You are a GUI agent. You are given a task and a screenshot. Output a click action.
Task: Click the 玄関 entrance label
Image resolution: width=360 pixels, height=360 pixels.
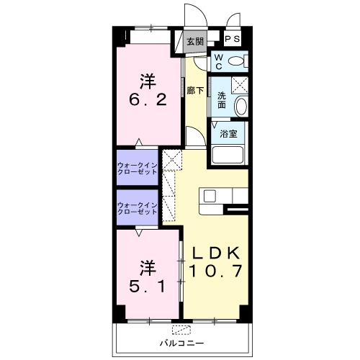[x=195, y=42]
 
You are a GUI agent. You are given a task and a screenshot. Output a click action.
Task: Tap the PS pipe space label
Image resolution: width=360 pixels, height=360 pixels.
[x=233, y=39]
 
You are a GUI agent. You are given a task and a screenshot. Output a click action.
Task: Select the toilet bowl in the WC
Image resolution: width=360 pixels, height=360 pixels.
[x=235, y=60]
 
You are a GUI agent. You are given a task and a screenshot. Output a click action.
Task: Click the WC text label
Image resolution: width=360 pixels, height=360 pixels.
[x=218, y=62]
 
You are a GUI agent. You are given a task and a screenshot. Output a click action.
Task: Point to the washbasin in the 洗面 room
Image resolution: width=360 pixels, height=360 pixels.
[x=240, y=107]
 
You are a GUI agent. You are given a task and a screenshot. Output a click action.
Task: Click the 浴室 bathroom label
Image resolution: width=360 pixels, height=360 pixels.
[x=228, y=134]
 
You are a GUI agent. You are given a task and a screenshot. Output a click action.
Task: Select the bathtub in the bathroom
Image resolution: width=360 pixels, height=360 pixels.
[x=228, y=155]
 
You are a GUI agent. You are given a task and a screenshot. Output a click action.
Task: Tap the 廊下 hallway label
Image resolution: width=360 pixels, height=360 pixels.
[x=195, y=91]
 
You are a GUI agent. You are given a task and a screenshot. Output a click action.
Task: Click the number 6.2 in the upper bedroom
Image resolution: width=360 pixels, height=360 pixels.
[x=148, y=99]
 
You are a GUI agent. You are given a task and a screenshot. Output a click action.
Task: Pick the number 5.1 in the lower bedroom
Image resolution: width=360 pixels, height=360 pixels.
[x=148, y=286]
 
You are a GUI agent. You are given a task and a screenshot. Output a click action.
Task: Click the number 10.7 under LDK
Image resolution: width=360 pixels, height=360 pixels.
[x=215, y=271]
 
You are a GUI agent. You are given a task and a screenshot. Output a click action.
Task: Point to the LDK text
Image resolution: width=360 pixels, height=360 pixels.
[x=216, y=253]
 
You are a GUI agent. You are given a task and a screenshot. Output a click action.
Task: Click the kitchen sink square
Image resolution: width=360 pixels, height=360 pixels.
[x=210, y=197]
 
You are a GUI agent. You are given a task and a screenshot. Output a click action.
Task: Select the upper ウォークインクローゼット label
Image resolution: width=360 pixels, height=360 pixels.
[x=137, y=168]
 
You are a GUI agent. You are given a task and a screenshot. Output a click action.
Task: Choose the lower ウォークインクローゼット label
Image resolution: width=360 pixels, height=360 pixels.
[x=137, y=208]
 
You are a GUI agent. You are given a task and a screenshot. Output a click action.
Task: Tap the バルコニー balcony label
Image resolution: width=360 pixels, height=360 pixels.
[x=182, y=343]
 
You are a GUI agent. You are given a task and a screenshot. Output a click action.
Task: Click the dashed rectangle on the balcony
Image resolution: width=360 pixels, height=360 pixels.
[x=181, y=330]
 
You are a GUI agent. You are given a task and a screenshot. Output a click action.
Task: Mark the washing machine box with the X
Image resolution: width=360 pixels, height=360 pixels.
[x=240, y=85]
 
